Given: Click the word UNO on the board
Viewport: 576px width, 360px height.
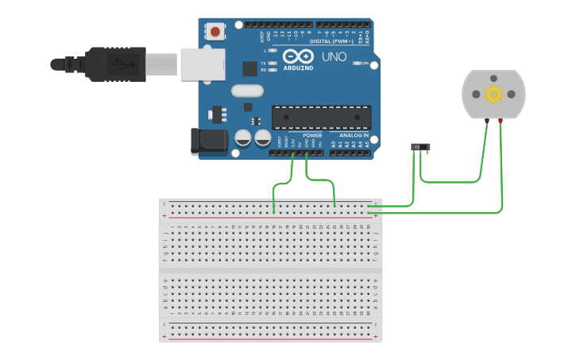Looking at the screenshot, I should pos(334,57).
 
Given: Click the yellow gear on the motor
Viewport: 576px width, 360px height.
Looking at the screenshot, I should pos(493,95).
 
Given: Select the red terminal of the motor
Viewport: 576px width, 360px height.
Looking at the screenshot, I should pos(501,121).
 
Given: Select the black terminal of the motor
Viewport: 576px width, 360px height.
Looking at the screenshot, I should pos(486,121).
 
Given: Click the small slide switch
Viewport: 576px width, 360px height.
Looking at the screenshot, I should pos(420,147).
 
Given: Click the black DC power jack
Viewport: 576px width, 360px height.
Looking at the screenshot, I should pos(208,141).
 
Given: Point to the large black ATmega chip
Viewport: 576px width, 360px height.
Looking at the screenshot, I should pos(321,118).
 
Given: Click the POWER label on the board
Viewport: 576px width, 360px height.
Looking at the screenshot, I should pos(312,135).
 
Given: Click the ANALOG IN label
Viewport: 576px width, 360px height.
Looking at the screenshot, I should pos(354,135).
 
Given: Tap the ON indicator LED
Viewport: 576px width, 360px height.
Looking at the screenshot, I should pos(357,63).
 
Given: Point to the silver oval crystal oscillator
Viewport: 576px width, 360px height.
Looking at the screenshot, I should pos(247,91).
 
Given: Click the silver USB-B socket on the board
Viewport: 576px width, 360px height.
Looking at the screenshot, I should pos(201,64).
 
